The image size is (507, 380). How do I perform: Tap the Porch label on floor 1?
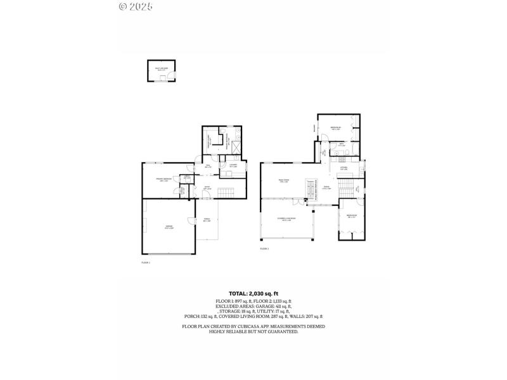pos(207,220)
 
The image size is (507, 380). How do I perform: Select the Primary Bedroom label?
pos(164,180)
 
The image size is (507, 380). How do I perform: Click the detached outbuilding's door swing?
pos(163,78)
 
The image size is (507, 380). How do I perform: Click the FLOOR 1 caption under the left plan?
pos(145,262)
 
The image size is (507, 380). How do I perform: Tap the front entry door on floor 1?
pos(205,198)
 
